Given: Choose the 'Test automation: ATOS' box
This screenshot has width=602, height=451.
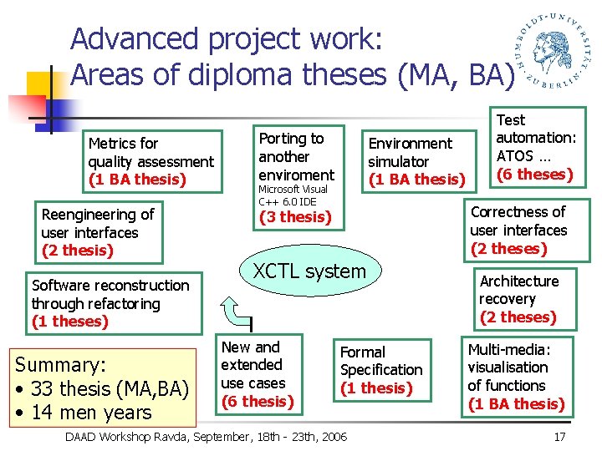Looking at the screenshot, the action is (535, 147).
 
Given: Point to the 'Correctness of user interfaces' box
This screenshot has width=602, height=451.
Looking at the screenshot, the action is (518, 230).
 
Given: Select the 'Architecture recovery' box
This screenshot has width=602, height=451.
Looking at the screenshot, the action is (518, 299).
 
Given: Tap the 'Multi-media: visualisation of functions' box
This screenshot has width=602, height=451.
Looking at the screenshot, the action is (516, 377).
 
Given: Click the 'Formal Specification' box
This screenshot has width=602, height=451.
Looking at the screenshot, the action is (382, 370).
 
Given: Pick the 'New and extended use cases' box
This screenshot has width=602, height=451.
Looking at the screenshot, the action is (258, 374).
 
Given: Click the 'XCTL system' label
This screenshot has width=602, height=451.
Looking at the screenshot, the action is (309, 271).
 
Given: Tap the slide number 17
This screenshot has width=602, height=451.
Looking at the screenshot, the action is (559, 437).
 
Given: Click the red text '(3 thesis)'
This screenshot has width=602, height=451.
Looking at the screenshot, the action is (295, 217).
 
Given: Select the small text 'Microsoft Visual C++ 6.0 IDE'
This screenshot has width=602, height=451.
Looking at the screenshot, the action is (293, 195).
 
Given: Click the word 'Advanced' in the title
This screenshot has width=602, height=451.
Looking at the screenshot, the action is (135, 39).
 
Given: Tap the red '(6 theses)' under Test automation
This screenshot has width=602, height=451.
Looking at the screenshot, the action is (535, 175).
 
